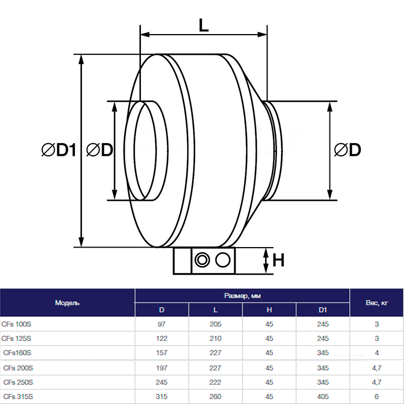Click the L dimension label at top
(x=204, y=25)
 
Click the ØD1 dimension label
(x=59, y=150)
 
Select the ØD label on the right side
(x=347, y=150)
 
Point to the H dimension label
(x=279, y=260)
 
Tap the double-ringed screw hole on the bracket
(x=202, y=260)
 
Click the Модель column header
(x=67, y=302)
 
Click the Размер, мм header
(x=242, y=295)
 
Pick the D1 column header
(x=323, y=310)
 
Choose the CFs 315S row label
(x=17, y=396)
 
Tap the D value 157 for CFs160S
(x=161, y=353)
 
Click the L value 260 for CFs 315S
(x=215, y=396)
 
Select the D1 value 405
(x=323, y=396)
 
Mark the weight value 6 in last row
(x=376, y=396)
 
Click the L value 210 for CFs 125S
(x=215, y=338)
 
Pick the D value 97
(x=161, y=324)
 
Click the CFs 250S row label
(x=18, y=382)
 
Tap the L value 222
(x=215, y=382)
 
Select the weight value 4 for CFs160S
(x=376, y=353)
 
